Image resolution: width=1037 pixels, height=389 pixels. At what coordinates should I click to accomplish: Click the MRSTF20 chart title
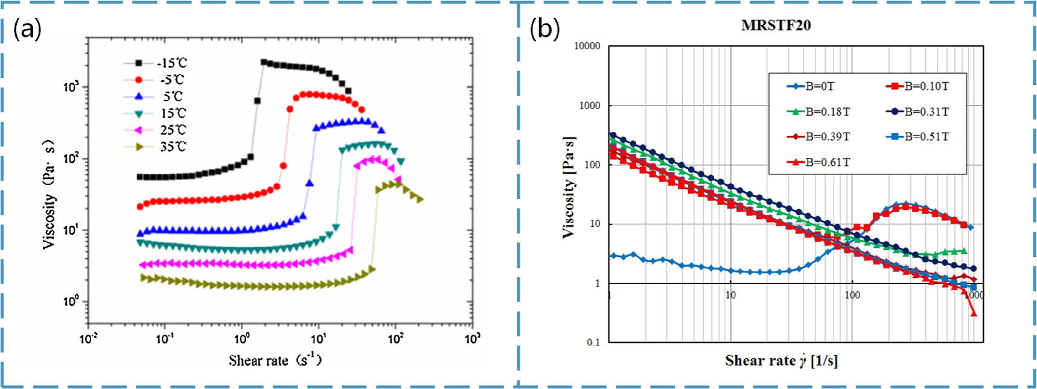[776, 25]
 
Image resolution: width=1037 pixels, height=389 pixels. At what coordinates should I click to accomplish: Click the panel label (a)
[28, 29]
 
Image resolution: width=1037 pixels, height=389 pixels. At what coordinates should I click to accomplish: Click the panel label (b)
[544, 28]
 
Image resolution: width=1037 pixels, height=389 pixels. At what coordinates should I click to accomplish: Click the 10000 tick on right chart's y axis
[587, 46]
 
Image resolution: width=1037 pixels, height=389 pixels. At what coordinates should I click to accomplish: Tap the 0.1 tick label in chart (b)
[593, 342]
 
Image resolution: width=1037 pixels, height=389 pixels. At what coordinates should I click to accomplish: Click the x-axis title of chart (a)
[275, 360]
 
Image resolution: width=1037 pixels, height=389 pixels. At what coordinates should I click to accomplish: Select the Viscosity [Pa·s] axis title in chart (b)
[568, 187]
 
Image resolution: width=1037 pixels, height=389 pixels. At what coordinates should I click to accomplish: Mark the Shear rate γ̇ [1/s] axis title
[781, 361]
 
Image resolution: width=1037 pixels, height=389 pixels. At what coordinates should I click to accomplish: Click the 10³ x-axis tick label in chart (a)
[472, 338]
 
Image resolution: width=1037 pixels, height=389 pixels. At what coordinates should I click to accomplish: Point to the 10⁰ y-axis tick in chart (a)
[71, 301]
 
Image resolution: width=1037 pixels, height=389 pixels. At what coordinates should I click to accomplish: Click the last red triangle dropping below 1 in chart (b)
[973, 312]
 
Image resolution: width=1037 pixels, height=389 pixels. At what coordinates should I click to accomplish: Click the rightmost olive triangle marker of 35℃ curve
[420, 199]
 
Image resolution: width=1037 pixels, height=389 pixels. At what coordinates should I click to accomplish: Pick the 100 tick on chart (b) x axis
[852, 295]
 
